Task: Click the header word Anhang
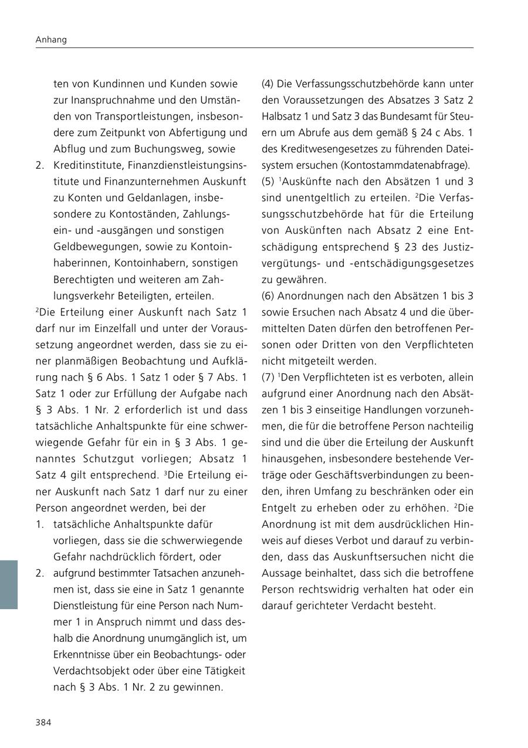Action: tap(51, 40)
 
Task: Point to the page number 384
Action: tap(43, 722)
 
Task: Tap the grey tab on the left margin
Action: tap(9, 584)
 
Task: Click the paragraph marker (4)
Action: tap(268, 84)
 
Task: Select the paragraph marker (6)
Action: tap(268, 296)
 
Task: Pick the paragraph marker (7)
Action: tap(268, 378)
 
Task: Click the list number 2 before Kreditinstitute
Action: tap(39, 166)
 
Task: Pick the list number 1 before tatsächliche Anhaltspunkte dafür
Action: tap(39, 524)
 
